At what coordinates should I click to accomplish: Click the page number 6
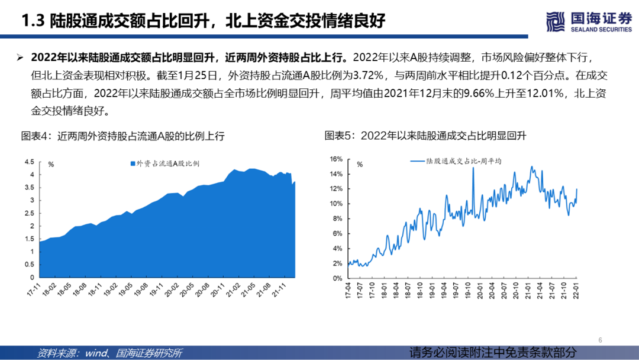[x=600, y=340]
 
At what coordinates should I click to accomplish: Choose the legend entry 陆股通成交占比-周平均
[x=455, y=161]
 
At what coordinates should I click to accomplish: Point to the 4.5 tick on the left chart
[x=29, y=162]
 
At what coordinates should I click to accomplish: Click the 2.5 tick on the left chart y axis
[x=29, y=213]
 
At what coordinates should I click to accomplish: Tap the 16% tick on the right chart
[x=336, y=159]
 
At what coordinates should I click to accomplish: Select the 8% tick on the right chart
[x=337, y=218]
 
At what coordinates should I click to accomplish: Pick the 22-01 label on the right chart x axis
[x=576, y=290]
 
